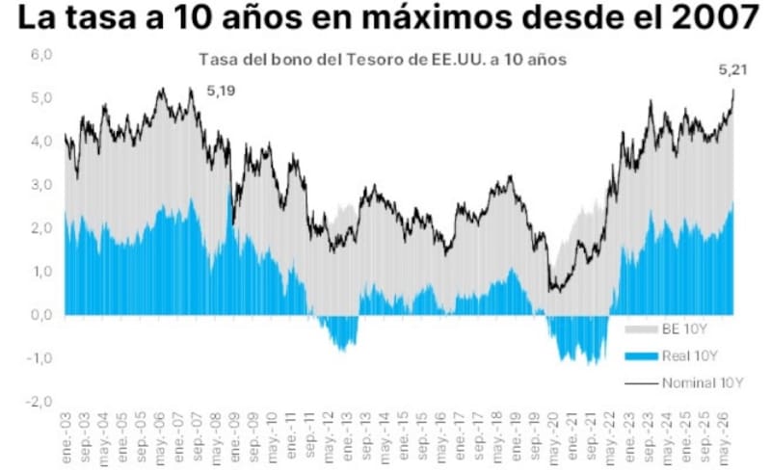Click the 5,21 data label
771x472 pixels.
[x=732, y=70]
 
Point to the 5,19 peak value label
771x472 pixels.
[x=221, y=91]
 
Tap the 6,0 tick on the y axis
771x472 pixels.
[x=41, y=54]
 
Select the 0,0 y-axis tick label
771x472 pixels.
[x=41, y=315]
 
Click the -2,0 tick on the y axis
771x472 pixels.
[x=40, y=402]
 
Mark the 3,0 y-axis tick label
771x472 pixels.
[x=41, y=185]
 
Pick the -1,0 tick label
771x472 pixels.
[x=40, y=358]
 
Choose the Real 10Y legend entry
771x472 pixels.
[x=671, y=356]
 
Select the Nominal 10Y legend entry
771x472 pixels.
[x=684, y=383]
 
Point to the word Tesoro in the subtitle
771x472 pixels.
[x=373, y=60]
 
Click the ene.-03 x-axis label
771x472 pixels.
[x=66, y=437]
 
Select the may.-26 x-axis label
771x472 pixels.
[x=724, y=438]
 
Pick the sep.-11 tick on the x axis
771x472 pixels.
[x=309, y=436]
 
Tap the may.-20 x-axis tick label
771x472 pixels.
[x=554, y=438]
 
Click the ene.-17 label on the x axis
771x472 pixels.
[x=460, y=436]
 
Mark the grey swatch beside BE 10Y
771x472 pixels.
[x=641, y=329]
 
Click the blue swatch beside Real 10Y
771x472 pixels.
[x=641, y=356]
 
